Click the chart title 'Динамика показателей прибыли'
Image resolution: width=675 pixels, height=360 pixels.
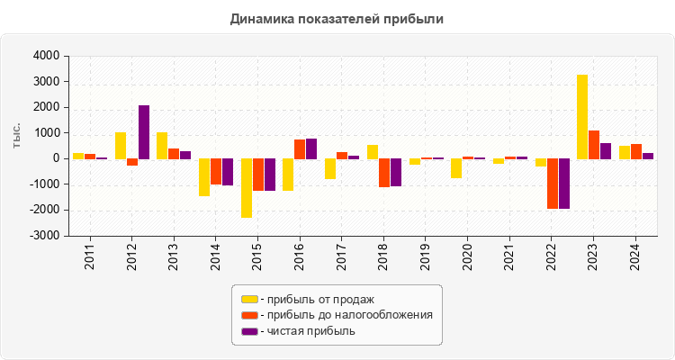tap(337, 18)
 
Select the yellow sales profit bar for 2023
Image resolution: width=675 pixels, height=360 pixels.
tap(582, 117)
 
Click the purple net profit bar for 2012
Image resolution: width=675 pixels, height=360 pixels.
tap(144, 132)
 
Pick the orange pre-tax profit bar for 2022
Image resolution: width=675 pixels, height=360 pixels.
tap(553, 184)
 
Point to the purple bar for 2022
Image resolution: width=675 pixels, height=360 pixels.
tap(564, 184)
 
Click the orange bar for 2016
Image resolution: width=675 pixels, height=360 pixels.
tap(300, 149)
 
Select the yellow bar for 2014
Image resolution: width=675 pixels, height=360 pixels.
tap(204, 177)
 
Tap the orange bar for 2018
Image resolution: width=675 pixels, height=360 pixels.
tap(384, 173)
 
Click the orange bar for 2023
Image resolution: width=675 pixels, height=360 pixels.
tap(594, 145)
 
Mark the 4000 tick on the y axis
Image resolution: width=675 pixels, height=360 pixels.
tap(45, 56)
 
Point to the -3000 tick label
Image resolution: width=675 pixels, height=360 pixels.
tap(43, 236)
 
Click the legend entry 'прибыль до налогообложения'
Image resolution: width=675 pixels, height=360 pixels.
tap(346, 315)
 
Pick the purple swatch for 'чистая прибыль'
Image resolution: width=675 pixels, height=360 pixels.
tap(248, 331)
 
